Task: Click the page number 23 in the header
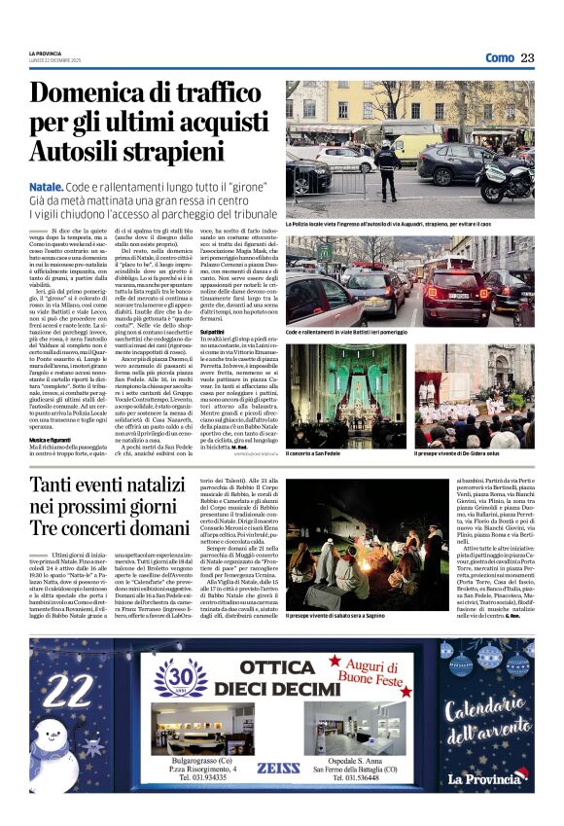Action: point(527,57)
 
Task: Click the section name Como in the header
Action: point(500,57)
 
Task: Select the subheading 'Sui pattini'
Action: point(298,333)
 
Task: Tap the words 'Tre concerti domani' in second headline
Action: point(96,528)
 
